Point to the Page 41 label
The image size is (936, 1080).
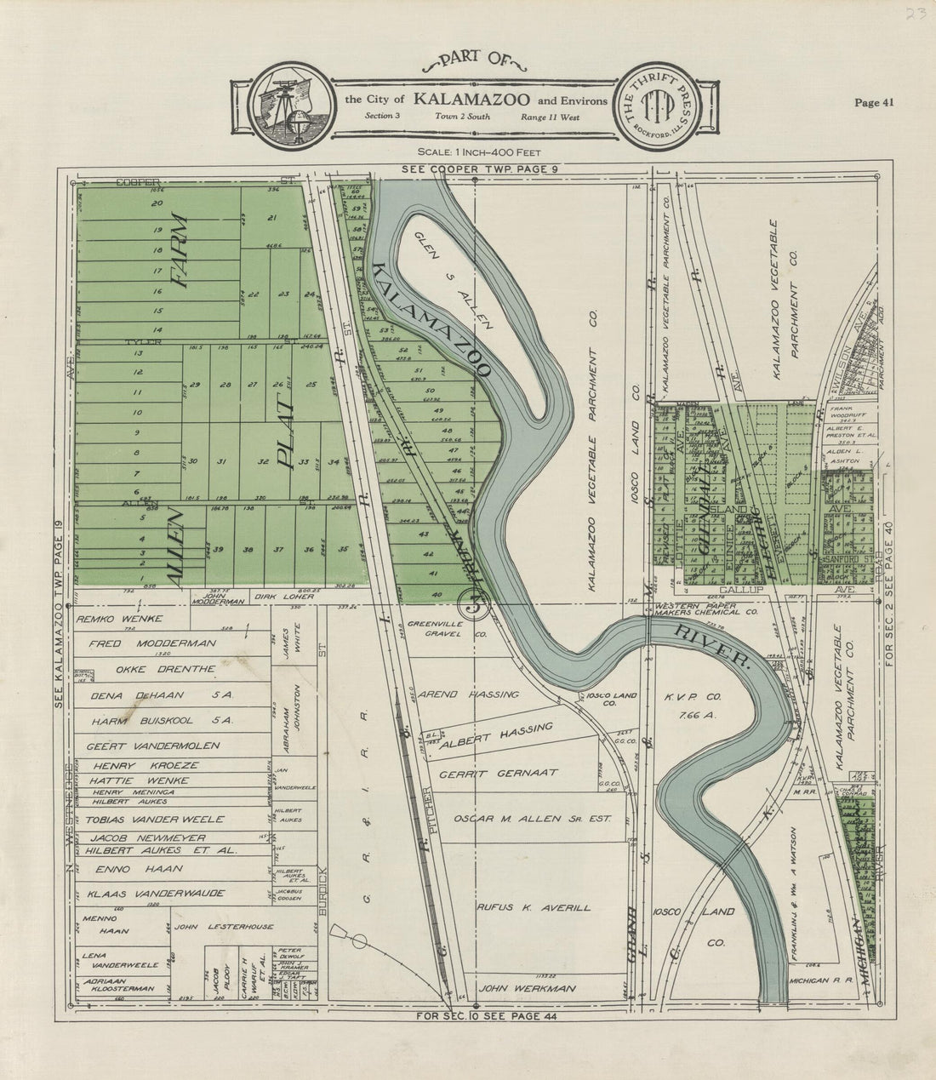tap(874, 103)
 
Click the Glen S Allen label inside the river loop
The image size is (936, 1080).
tap(452, 278)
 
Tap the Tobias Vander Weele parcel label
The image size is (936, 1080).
tap(156, 819)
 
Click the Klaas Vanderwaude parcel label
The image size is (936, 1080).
tap(156, 893)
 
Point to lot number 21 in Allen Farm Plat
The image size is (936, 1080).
tap(272, 219)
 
